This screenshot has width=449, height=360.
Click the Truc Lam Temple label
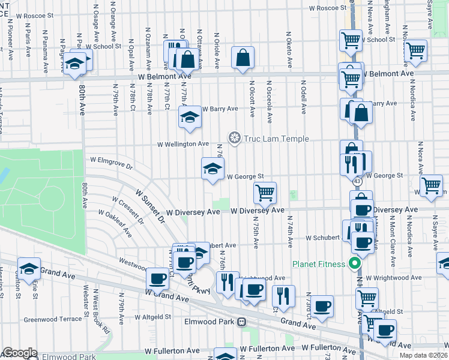tap(276, 139)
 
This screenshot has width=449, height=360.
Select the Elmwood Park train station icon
tap(241, 322)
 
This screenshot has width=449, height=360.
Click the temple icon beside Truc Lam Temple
tap(234, 139)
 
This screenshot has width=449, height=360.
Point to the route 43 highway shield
tap(357, 181)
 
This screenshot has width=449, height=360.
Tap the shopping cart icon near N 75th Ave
tap(265, 193)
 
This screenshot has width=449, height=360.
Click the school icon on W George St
tap(212, 169)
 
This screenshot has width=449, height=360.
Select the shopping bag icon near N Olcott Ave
tap(243, 58)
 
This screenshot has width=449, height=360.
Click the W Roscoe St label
tap(328, 8)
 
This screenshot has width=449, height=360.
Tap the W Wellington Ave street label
tap(183, 144)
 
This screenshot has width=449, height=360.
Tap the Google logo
tap(20, 353)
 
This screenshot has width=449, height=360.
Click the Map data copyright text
tap(424, 355)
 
